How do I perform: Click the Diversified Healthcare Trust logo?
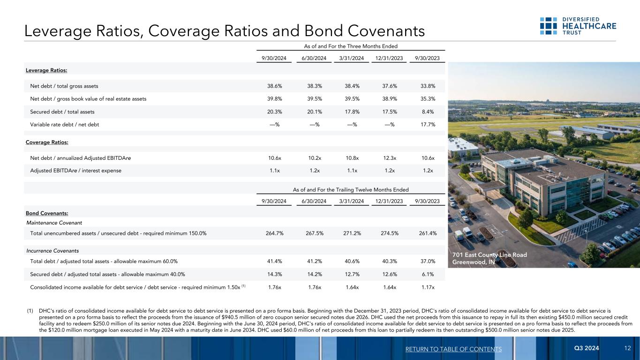click(x=578, y=26)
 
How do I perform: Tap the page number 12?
click(x=628, y=348)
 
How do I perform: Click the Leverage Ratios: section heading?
click(x=46, y=70)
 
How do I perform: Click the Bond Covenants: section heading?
click(x=46, y=214)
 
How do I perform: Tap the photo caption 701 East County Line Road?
click(x=489, y=255)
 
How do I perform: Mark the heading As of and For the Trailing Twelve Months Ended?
click(x=351, y=189)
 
